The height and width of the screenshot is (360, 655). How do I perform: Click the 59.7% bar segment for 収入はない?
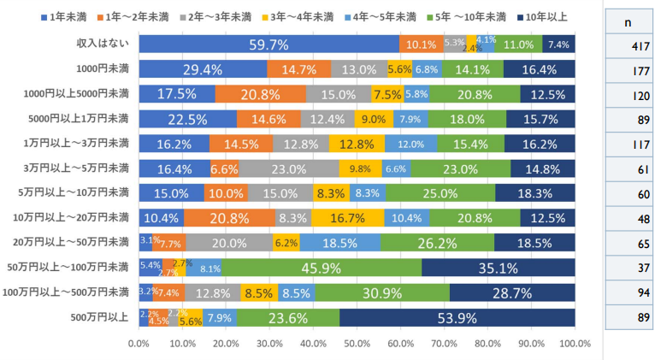(268, 44)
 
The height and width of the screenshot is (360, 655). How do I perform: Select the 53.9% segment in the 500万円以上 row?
(457, 318)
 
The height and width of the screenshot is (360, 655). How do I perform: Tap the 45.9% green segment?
(322, 269)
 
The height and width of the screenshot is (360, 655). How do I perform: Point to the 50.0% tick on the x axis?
(357, 344)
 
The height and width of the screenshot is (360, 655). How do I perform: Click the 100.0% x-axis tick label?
(575, 344)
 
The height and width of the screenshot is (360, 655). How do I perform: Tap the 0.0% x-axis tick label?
(139, 344)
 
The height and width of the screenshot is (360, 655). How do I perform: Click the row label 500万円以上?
(101, 318)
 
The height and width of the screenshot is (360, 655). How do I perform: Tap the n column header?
(628, 21)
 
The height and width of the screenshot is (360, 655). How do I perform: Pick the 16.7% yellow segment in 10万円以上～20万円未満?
(347, 218)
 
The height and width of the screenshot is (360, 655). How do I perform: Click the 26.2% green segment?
(437, 243)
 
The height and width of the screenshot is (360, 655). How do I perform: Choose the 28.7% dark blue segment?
(511, 293)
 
